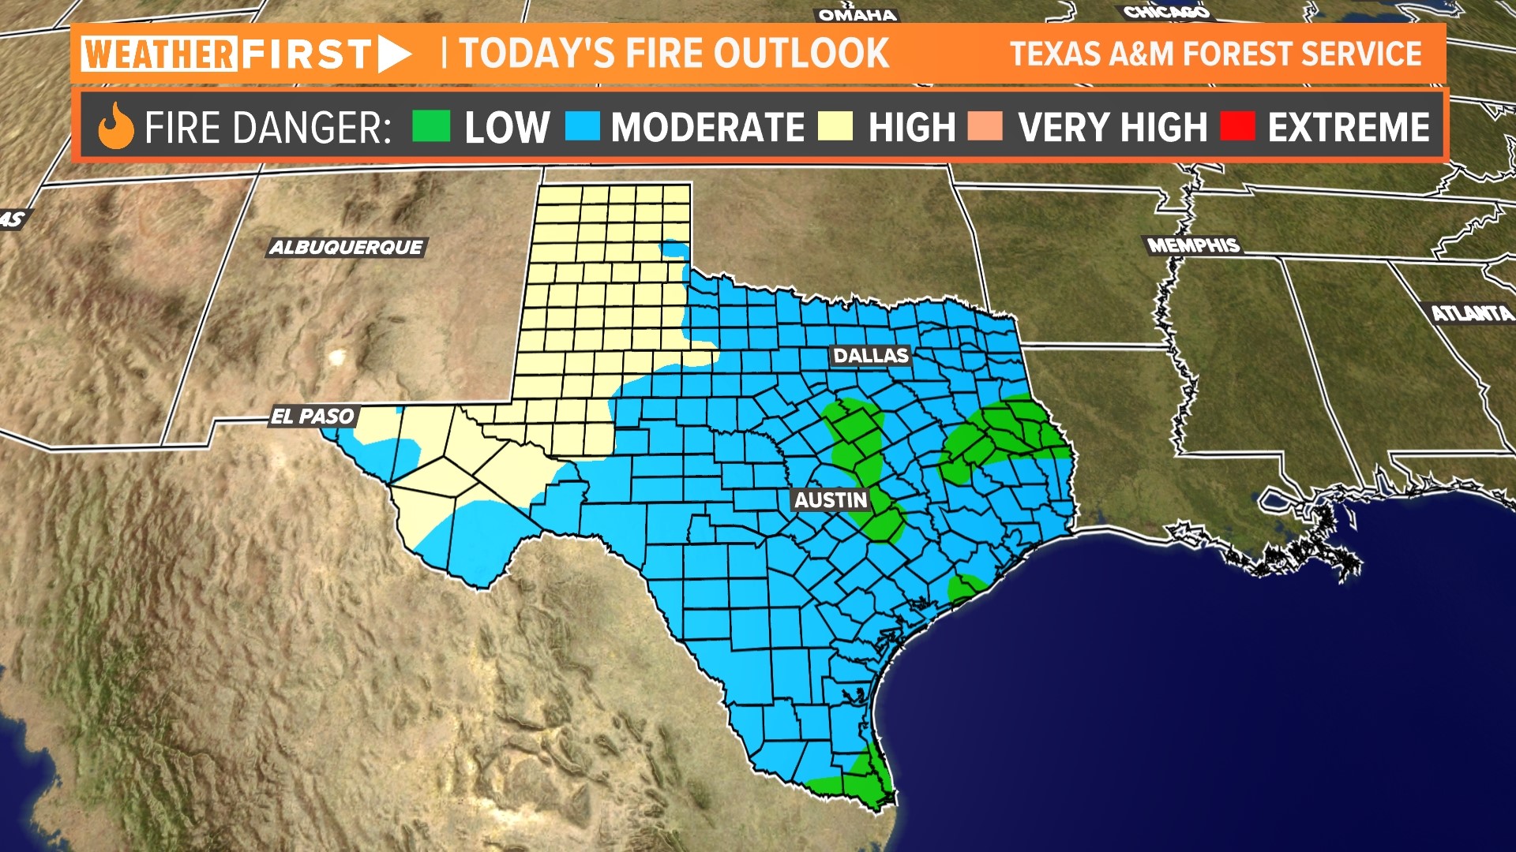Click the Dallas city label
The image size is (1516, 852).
click(871, 356)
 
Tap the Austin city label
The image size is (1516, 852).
click(831, 500)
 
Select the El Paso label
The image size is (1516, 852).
click(313, 417)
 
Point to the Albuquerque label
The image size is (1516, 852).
click(347, 248)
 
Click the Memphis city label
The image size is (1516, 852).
click(1194, 245)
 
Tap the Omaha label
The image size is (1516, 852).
click(857, 15)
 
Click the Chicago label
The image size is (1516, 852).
click(1166, 12)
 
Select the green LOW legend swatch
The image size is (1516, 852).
click(431, 126)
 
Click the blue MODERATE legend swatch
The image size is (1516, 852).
click(583, 126)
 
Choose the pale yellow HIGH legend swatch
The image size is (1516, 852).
click(835, 126)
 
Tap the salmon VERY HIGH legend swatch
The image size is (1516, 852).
click(985, 126)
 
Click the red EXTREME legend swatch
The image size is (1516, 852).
click(1237, 126)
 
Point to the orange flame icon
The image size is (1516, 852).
click(116, 126)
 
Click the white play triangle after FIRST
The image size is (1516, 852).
click(393, 54)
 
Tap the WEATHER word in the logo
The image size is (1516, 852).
click(159, 54)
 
